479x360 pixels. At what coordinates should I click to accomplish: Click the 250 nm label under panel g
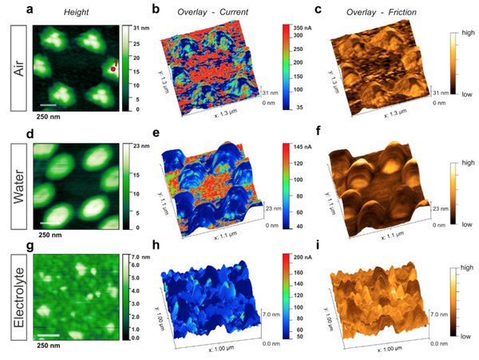49,346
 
